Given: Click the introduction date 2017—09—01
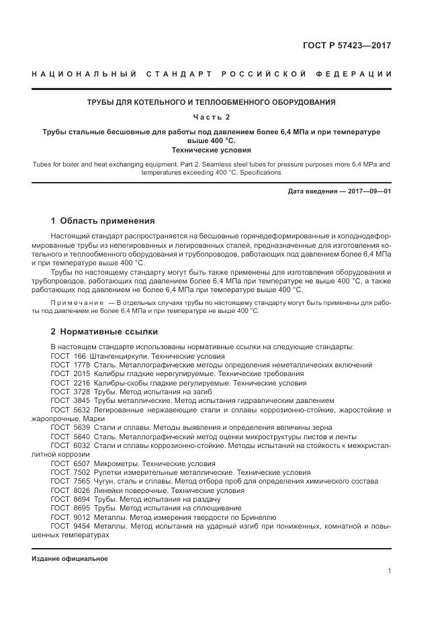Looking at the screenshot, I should (368, 191).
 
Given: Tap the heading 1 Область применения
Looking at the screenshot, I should (103, 221).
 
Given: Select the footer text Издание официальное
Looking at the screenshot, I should (69, 559).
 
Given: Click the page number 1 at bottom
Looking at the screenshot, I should (389, 570).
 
